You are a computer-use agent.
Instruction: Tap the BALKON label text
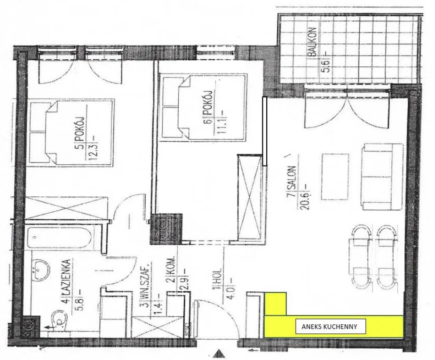(312, 42)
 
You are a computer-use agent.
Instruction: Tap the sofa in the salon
(382, 177)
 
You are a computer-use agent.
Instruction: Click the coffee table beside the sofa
(335, 177)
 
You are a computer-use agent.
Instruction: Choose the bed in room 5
(72, 132)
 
